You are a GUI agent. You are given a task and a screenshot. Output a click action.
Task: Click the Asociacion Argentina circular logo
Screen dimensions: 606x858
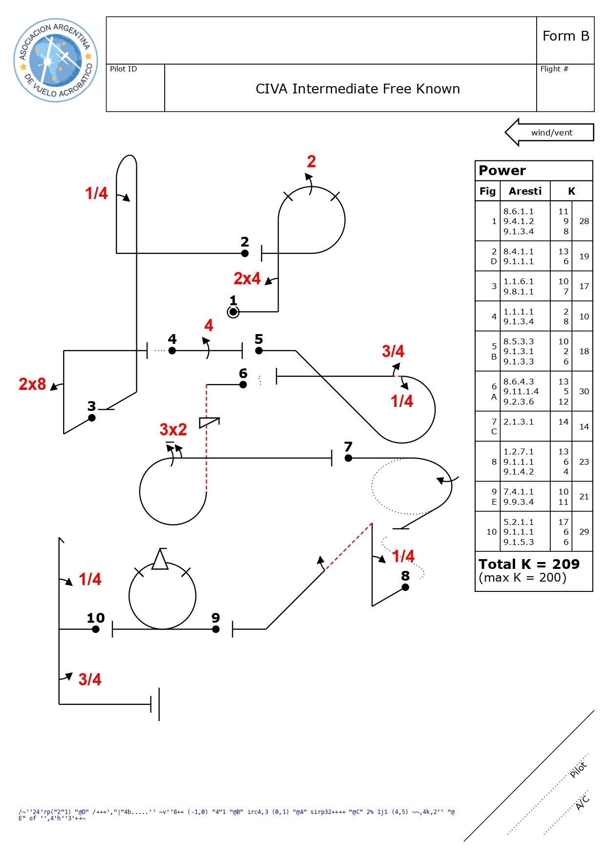56,60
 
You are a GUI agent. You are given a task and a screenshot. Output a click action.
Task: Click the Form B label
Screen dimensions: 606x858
566,36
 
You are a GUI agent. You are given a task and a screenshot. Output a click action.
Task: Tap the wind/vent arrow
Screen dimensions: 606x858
549,132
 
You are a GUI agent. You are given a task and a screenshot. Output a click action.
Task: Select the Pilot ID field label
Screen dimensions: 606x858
123,69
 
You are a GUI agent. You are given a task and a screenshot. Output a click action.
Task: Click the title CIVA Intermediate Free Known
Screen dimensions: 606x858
358,89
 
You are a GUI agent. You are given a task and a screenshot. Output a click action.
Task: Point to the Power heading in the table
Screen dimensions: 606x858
502,170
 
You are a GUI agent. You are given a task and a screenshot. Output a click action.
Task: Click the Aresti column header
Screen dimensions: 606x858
525,191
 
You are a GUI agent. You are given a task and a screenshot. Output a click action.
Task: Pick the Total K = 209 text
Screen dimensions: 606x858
529,564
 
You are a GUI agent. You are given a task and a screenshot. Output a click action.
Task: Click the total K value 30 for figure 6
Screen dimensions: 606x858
584,391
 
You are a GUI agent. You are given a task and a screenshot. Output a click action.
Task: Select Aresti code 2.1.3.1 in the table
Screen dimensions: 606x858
519,422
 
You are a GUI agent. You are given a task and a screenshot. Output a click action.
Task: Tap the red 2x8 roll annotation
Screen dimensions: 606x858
32,384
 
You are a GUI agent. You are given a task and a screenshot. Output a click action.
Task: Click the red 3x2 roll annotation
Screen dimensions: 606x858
173,429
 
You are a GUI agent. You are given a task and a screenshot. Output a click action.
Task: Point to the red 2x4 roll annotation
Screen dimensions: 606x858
247,278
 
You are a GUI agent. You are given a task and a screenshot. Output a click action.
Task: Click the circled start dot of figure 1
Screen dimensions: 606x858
233,312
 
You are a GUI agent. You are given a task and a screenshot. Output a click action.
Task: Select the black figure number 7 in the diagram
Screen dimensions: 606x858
348,447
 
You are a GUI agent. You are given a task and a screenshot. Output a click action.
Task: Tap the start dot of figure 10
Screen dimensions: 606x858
96,629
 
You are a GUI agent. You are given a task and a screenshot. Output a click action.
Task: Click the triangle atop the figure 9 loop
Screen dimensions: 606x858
160,559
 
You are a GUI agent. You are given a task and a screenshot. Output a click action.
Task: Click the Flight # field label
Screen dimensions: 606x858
554,69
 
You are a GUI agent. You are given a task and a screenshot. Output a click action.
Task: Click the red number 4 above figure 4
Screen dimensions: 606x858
209,325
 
